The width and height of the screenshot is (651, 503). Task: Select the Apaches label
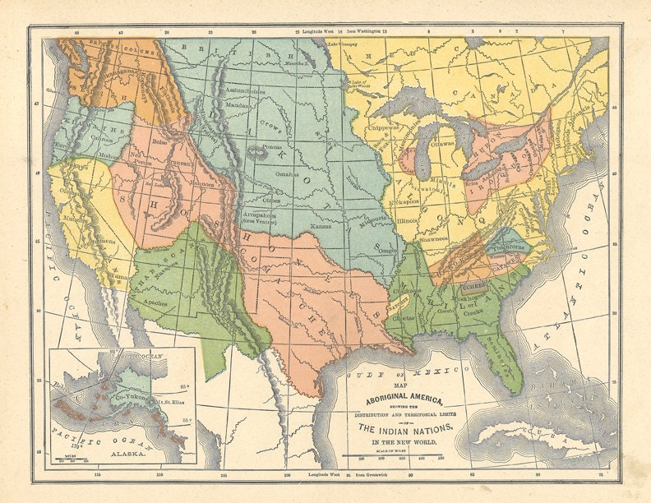pos(155,302)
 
